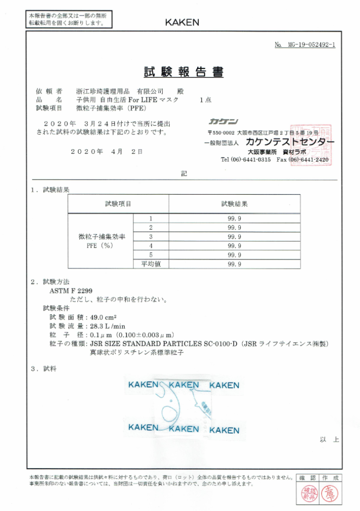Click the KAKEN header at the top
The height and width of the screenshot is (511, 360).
coord(182,22)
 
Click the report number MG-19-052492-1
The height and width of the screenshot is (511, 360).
coord(305,45)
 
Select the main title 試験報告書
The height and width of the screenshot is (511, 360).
coord(184,72)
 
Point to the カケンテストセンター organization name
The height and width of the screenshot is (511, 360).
coord(290,143)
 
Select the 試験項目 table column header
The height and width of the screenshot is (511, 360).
coord(118,204)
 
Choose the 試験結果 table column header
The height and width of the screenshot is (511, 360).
coord(234,204)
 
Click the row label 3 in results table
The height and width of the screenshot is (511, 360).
coord(151,237)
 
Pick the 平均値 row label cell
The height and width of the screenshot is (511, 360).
coord(151,264)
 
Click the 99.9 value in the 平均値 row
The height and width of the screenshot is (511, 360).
coord(234,264)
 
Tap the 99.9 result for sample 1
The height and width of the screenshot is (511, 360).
coord(234,218)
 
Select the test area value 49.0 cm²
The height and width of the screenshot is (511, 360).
coord(107,317)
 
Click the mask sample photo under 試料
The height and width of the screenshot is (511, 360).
coord(183,406)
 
